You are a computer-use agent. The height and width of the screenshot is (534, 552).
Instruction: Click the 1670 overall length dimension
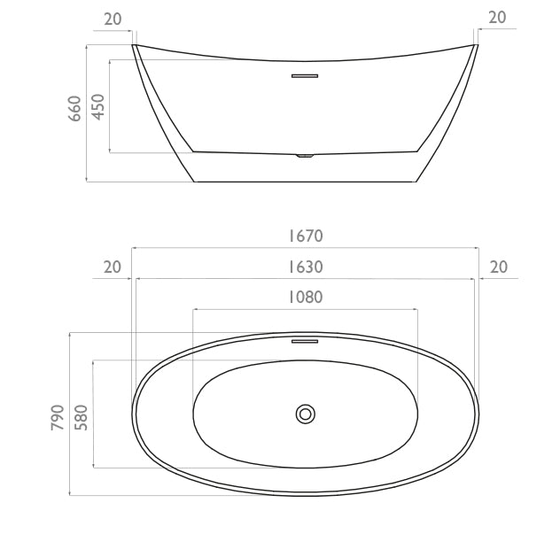point(306,236)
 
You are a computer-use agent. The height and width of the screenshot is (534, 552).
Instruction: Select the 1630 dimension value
point(306,267)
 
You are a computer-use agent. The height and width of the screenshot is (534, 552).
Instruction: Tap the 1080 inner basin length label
point(306,298)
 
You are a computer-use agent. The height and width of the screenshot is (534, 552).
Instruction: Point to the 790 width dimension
point(58,417)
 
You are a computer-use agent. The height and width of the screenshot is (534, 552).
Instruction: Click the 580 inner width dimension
point(81,417)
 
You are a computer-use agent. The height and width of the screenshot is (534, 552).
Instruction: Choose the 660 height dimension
point(74,108)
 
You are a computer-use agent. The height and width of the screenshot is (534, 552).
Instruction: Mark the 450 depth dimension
point(98,106)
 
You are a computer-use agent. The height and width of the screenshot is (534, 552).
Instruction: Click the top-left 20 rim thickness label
point(113,19)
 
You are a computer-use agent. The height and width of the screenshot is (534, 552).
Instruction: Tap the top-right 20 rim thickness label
point(497,17)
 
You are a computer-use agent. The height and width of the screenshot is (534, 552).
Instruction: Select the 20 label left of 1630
point(113,267)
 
